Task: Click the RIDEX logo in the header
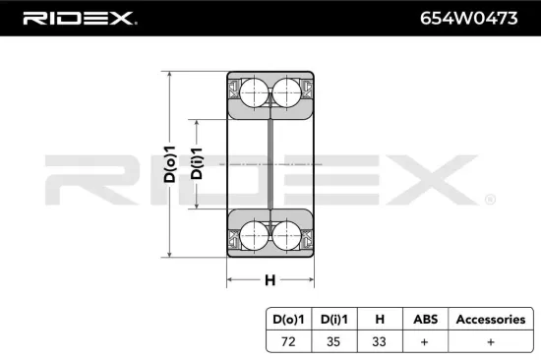tap(80, 19)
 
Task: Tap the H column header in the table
tap(380, 319)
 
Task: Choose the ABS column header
tap(424, 319)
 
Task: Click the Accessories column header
tap(489, 319)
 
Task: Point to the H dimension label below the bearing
tap(270, 279)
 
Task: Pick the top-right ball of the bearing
tap(286, 93)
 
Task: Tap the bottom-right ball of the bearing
tap(286, 235)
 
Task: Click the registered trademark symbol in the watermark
tap(489, 199)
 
